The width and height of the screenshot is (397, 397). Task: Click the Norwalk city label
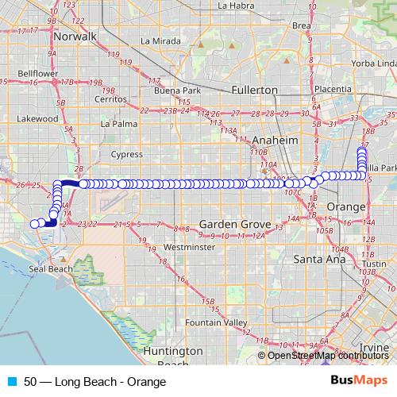[x=75, y=37]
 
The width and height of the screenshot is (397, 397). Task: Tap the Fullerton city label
[x=254, y=90]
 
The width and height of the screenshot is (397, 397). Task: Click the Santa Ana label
[x=317, y=259]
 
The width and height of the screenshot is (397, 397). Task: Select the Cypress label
[x=127, y=154]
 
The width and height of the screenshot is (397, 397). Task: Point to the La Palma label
[x=118, y=124]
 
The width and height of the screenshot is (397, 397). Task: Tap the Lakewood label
[x=38, y=118]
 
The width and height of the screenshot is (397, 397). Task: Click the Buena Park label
[x=175, y=90]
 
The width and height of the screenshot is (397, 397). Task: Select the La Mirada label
[x=156, y=40]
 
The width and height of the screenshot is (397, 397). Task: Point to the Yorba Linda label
[x=374, y=63]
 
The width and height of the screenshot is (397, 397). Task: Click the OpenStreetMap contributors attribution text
[x=328, y=355]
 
